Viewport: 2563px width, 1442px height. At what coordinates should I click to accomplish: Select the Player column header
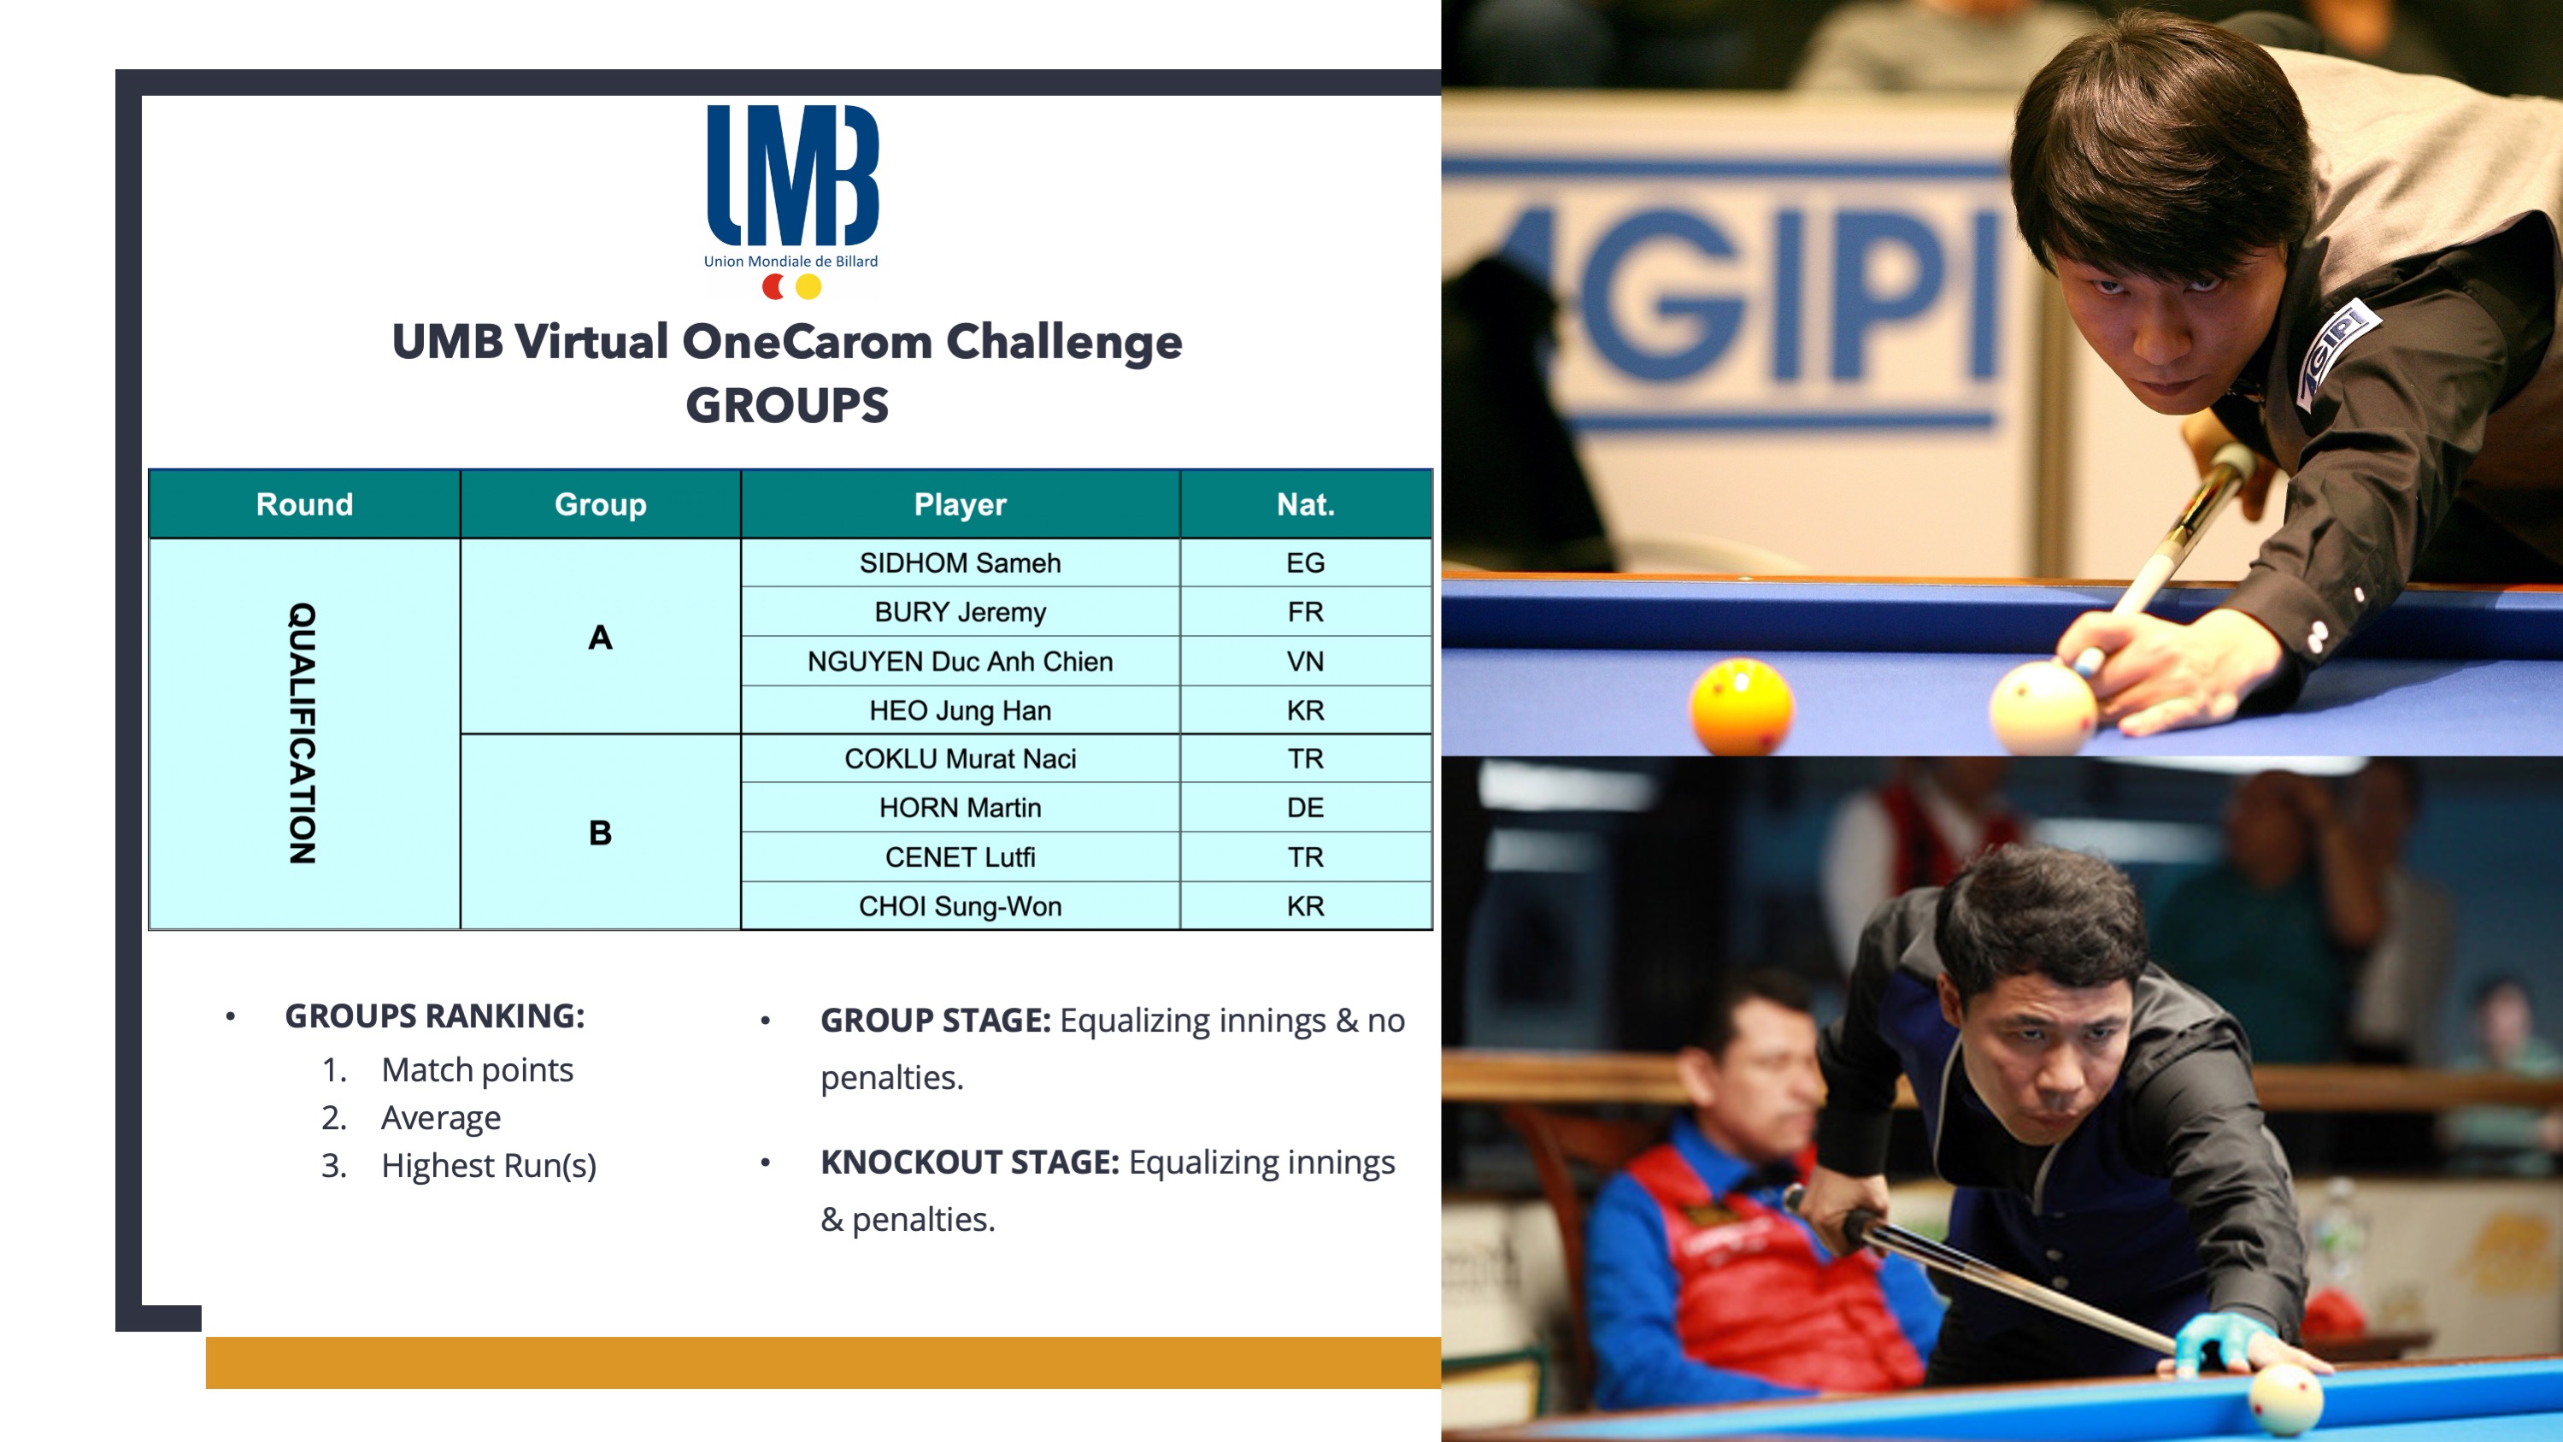(x=960, y=504)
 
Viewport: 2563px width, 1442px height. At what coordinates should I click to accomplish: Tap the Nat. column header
(x=1305, y=504)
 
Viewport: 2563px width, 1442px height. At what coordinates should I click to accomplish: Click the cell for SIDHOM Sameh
(x=960, y=563)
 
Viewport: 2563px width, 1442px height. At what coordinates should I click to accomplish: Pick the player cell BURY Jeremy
(x=960, y=612)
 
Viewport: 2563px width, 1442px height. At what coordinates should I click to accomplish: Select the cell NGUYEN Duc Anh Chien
(x=960, y=662)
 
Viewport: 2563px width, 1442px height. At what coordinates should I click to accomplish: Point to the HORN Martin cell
(x=960, y=808)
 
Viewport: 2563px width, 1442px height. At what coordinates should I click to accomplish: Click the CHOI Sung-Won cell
(x=960, y=907)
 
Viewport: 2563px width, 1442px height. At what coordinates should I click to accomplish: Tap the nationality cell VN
(x=1305, y=662)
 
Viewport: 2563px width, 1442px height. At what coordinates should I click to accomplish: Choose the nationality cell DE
(x=1305, y=808)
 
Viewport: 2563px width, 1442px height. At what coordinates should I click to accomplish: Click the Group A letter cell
(x=600, y=637)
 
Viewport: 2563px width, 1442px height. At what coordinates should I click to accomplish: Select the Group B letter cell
(x=600, y=833)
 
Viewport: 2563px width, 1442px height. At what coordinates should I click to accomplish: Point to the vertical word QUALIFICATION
(x=303, y=733)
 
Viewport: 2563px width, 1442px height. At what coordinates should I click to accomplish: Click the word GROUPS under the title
(x=787, y=406)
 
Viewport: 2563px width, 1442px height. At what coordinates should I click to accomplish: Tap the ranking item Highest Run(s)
(x=489, y=1165)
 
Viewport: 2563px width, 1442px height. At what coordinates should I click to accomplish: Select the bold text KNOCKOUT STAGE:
(x=970, y=1162)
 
